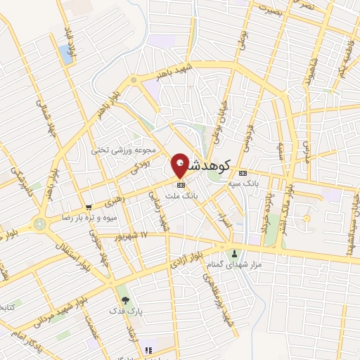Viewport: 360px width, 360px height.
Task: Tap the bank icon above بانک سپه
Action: click(243, 172)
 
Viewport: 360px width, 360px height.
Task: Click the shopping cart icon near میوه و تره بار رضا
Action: click(88, 207)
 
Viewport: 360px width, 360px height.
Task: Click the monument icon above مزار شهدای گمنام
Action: click(235, 252)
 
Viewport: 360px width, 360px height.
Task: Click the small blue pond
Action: click(67, 54)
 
